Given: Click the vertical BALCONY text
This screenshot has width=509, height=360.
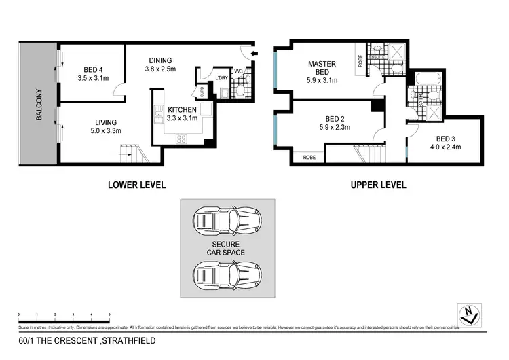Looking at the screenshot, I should tap(39, 105).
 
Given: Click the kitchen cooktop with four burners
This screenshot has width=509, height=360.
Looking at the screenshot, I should tap(182, 139).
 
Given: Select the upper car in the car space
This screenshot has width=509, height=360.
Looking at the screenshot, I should tap(227, 221).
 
